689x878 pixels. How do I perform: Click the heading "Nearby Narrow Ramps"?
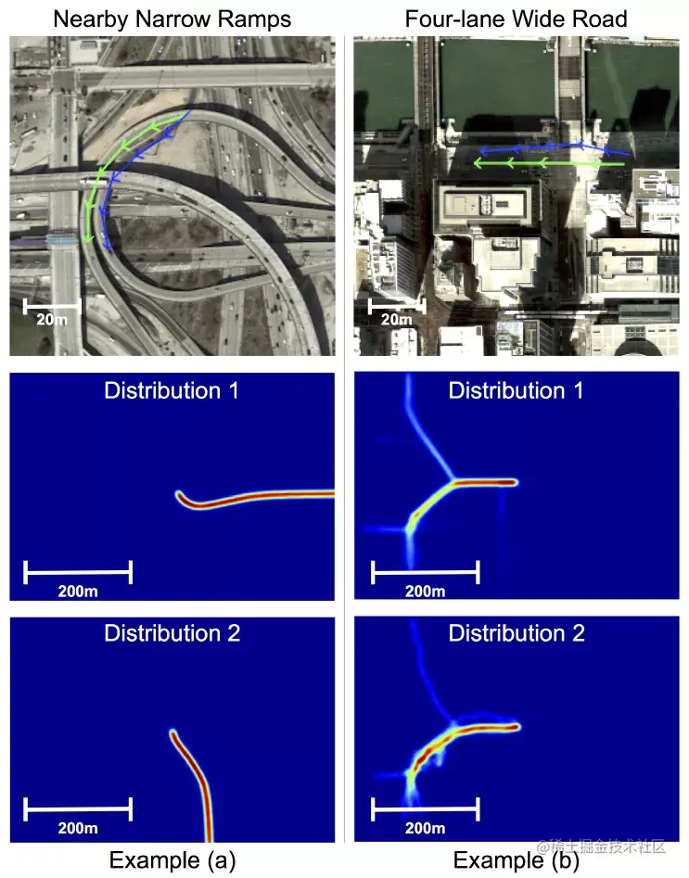pos(172,18)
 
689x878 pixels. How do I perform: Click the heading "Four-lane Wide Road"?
pos(516,18)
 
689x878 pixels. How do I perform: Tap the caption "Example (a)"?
pos(172,860)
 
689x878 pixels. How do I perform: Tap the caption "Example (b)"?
pos(517,860)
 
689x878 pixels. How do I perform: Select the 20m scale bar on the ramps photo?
pos(52,305)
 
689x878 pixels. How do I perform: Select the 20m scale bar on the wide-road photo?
pos(397,305)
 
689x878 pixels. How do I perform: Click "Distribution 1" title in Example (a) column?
pos(172,390)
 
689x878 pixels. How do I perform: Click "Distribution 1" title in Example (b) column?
pos(516,390)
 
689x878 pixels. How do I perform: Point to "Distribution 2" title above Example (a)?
pos(172,633)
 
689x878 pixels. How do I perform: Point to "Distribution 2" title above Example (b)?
pos(517,633)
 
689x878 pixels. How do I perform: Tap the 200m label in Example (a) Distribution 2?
pos(77,827)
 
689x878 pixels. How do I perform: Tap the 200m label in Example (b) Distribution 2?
pos(424,827)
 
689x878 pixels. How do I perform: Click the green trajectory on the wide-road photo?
pos(547,163)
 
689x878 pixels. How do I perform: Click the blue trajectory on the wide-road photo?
pos(556,146)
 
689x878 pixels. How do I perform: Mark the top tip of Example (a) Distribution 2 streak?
pos(173,733)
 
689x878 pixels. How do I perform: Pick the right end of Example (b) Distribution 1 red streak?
pos(513,482)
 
